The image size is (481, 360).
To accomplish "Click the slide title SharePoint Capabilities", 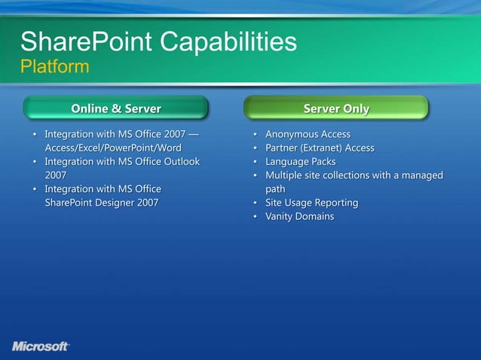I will point(158,41).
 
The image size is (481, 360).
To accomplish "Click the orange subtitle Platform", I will point(54,67).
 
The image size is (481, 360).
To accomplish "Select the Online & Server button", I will point(115,108).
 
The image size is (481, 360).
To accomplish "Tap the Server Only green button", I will point(336,108).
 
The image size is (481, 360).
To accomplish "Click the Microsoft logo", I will point(41,346).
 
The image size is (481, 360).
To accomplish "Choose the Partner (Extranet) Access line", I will point(320,148).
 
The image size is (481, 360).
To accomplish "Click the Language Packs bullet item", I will point(300,161).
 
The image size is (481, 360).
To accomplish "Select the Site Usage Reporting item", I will point(311,203).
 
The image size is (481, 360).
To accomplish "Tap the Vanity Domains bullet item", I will point(299,216).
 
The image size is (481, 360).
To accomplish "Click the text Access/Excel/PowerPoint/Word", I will point(113,148).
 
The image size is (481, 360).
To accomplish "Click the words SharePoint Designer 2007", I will point(102,203).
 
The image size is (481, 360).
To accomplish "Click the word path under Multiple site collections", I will point(275,189).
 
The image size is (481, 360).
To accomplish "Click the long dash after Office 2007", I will point(195,134).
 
